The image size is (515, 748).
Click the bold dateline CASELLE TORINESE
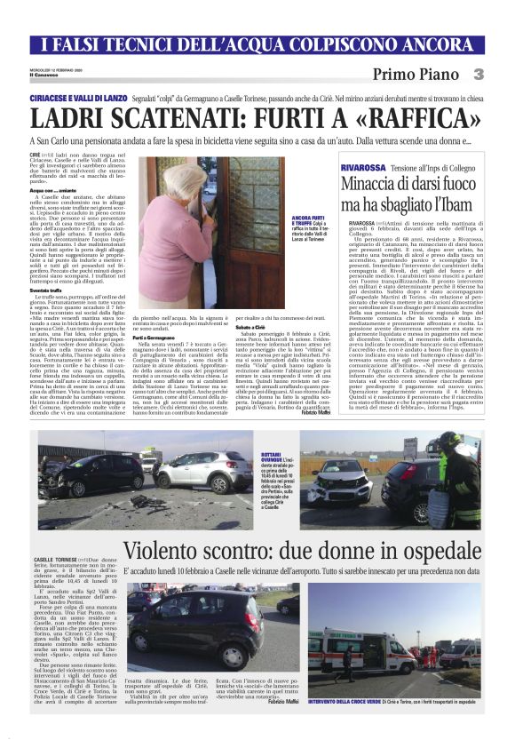coord(57,559)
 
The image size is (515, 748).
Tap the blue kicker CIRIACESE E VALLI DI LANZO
coord(83,95)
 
